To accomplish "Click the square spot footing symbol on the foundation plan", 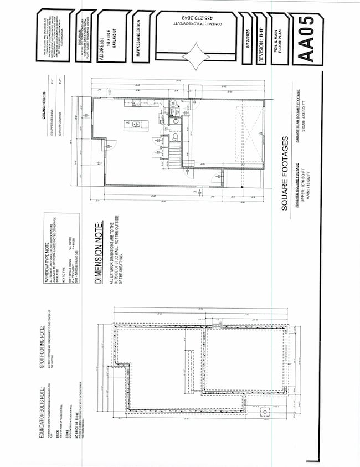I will [x=266, y=412].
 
